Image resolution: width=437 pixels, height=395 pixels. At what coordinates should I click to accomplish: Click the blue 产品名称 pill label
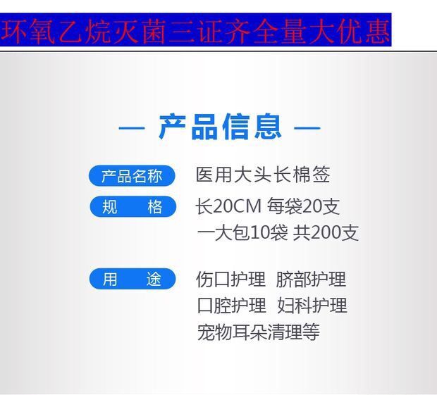(x=132, y=175)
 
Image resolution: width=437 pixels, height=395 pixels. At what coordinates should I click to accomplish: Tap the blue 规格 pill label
(x=133, y=206)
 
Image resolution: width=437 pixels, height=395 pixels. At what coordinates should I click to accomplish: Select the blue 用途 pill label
(x=133, y=279)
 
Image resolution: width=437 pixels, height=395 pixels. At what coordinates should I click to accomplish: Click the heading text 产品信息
(x=220, y=127)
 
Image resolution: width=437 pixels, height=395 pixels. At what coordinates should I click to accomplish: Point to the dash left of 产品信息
(x=132, y=128)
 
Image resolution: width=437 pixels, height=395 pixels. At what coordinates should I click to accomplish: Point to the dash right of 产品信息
(x=307, y=128)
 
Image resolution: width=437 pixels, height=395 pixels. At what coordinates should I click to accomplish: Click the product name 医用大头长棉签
(x=263, y=175)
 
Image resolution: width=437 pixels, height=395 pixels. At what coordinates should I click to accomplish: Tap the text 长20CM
(x=228, y=206)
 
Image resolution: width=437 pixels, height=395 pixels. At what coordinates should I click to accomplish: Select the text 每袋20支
(x=304, y=206)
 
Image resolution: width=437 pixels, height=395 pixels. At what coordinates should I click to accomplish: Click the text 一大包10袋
(x=242, y=232)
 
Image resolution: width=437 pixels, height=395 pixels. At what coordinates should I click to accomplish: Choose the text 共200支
(x=326, y=232)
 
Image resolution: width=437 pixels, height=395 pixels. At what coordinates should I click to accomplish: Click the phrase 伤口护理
(x=231, y=279)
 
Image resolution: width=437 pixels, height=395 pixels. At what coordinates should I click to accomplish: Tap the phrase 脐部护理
(x=311, y=279)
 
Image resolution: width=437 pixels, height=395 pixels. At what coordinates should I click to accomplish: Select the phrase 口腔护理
(x=232, y=305)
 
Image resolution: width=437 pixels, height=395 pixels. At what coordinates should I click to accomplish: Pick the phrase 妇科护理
(x=312, y=305)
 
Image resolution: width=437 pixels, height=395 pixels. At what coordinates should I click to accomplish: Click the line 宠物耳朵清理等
(x=259, y=332)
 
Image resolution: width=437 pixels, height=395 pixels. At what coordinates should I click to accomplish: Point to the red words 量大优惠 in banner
(x=336, y=31)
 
